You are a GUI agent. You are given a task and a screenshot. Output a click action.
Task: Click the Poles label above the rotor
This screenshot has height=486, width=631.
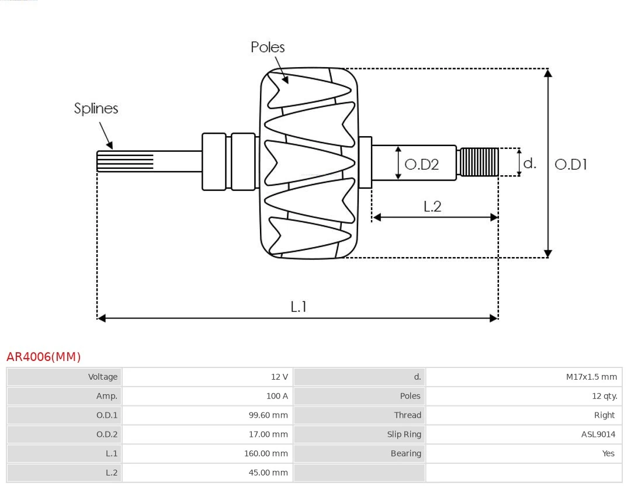[268, 47]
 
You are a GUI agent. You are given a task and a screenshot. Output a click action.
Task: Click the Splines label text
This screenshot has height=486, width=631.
[96, 109]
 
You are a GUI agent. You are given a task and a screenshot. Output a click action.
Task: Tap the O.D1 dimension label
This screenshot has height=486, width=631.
[570, 165]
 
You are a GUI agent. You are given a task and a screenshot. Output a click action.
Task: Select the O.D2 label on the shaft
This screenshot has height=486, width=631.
[421, 165]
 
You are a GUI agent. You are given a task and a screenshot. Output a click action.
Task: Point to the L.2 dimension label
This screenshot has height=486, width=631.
[432, 206]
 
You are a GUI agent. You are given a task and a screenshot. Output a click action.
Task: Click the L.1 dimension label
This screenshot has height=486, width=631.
[299, 306]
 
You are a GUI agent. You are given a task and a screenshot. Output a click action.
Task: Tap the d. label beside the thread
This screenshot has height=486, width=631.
[529, 163]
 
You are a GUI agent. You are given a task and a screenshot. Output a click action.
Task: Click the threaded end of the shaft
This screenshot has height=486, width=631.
[479, 162]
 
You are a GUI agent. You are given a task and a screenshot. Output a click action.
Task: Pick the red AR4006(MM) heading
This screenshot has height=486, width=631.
[44, 357]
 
